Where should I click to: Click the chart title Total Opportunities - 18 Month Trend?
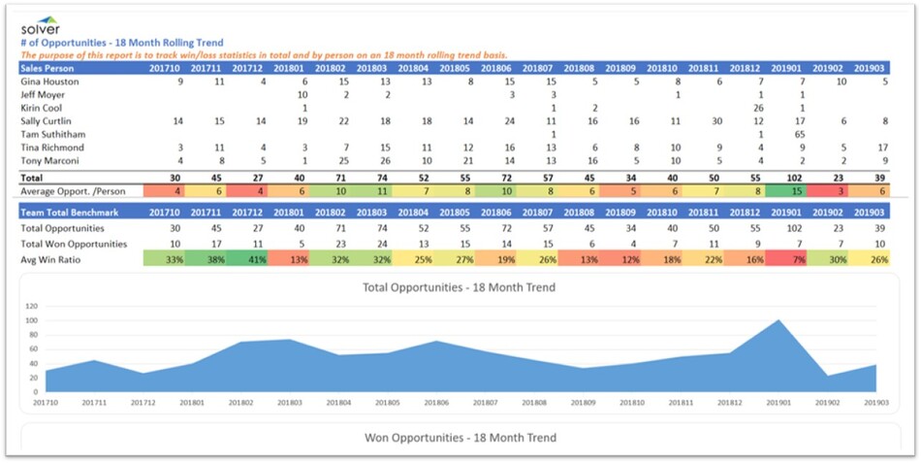click(459, 287)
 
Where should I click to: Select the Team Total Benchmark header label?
click(66, 212)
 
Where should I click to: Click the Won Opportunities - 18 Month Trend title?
click(459, 437)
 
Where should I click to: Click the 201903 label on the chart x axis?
click(875, 401)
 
